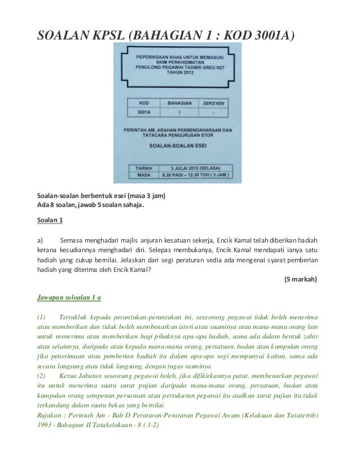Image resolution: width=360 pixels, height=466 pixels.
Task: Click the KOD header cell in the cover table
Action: click(x=144, y=103)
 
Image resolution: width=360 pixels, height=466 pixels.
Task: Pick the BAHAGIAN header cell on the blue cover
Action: click(x=179, y=103)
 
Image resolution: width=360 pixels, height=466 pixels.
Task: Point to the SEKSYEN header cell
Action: click(x=213, y=103)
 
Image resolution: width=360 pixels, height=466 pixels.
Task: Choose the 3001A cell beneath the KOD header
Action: click(x=144, y=112)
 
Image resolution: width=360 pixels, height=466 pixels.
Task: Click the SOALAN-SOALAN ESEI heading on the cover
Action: click(x=178, y=145)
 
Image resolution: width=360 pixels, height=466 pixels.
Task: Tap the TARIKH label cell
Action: click(x=143, y=168)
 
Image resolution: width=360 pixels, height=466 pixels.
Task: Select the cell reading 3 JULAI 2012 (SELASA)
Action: click(x=196, y=168)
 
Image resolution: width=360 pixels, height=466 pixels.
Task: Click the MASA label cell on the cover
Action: click(x=143, y=175)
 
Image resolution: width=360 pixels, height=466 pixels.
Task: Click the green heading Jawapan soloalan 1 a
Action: click(x=68, y=296)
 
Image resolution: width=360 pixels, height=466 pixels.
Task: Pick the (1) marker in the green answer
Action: click(x=41, y=315)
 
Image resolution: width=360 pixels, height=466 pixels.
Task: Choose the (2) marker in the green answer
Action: click(x=41, y=375)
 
